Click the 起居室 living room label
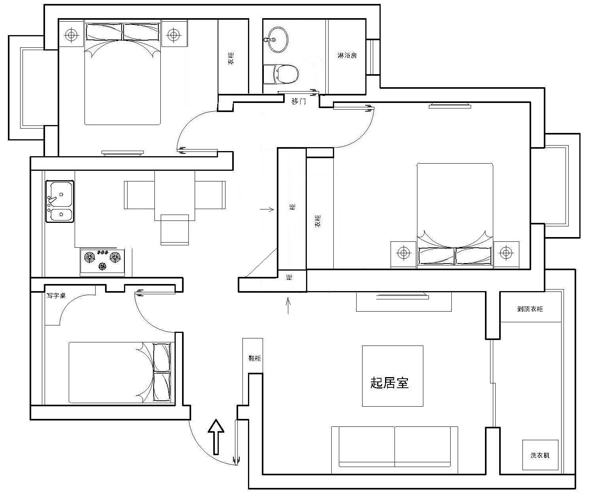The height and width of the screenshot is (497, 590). (x=389, y=383)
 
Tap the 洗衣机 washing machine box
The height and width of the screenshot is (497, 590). (x=540, y=455)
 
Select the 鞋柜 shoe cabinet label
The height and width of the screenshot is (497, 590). (x=255, y=358)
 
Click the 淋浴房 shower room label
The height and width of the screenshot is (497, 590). (x=347, y=55)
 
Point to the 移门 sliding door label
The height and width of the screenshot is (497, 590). (x=299, y=101)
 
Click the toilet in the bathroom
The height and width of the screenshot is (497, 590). (x=281, y=74)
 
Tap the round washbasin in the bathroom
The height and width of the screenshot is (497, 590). (x=277, y=40)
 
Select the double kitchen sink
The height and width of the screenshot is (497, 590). (x=60, y=201)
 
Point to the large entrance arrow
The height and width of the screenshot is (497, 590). (x=216, y=437)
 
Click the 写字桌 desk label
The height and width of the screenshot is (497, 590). (x=56, y=295)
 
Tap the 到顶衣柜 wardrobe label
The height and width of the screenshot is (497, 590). (x=530, y=309)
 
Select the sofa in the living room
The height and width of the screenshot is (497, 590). (x=395, y=450)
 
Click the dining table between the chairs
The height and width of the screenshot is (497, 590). (x=175, y=195)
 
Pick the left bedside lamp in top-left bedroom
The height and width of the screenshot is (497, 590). (x=71, y=35)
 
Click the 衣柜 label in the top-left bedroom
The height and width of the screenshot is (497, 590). (x=231, y=58)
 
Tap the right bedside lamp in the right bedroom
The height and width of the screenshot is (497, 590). (x=506, y=252)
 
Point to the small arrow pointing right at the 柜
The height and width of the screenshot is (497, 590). (x=267, y=209)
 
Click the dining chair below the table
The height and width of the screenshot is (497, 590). (x=175, y=230)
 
